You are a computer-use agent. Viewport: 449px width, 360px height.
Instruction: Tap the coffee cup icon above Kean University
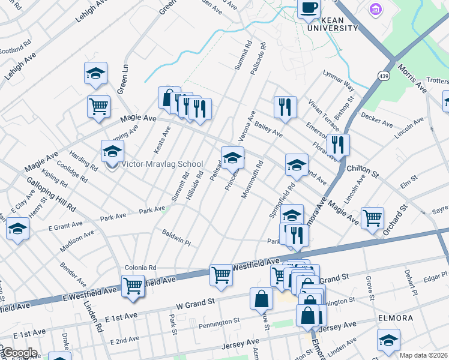[x=310, y=8]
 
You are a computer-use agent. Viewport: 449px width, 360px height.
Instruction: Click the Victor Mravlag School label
[x=163, y=164]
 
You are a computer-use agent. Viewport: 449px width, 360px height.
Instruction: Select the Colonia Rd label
[x=140, y=268]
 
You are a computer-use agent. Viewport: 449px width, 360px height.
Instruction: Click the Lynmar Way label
[x=338, y=82]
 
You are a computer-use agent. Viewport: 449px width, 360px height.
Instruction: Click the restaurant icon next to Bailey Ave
[x=285, y=107]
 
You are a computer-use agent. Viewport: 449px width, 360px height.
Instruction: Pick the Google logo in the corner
[x=19, y=353]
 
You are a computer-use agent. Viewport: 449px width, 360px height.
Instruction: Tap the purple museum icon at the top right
[x=376, y=10]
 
